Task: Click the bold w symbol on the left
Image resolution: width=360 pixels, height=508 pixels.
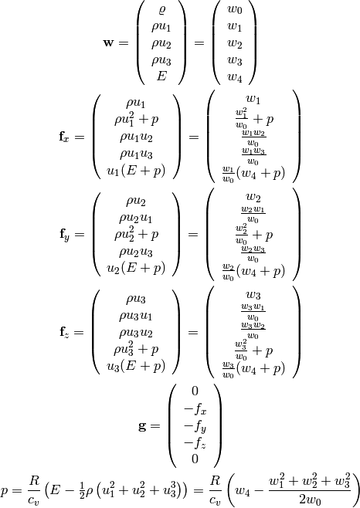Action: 108,42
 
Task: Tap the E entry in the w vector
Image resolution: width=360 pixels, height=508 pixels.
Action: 161,76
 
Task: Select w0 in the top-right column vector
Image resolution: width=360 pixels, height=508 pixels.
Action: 235,9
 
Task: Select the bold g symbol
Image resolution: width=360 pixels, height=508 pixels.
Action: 143,427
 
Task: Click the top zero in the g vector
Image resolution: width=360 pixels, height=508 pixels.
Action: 195,391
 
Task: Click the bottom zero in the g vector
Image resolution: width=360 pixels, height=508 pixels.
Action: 195,459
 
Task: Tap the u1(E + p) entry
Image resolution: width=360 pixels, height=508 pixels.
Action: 136,171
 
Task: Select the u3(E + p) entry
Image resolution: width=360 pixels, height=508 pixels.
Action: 136,366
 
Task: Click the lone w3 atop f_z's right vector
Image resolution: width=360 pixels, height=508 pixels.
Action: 253,296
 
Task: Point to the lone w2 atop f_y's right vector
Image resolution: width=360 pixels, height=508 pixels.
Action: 253,198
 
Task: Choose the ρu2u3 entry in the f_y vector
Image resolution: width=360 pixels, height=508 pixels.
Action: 136,252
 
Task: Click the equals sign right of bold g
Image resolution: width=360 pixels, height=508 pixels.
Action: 155,426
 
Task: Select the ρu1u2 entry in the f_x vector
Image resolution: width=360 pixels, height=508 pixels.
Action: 136,137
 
